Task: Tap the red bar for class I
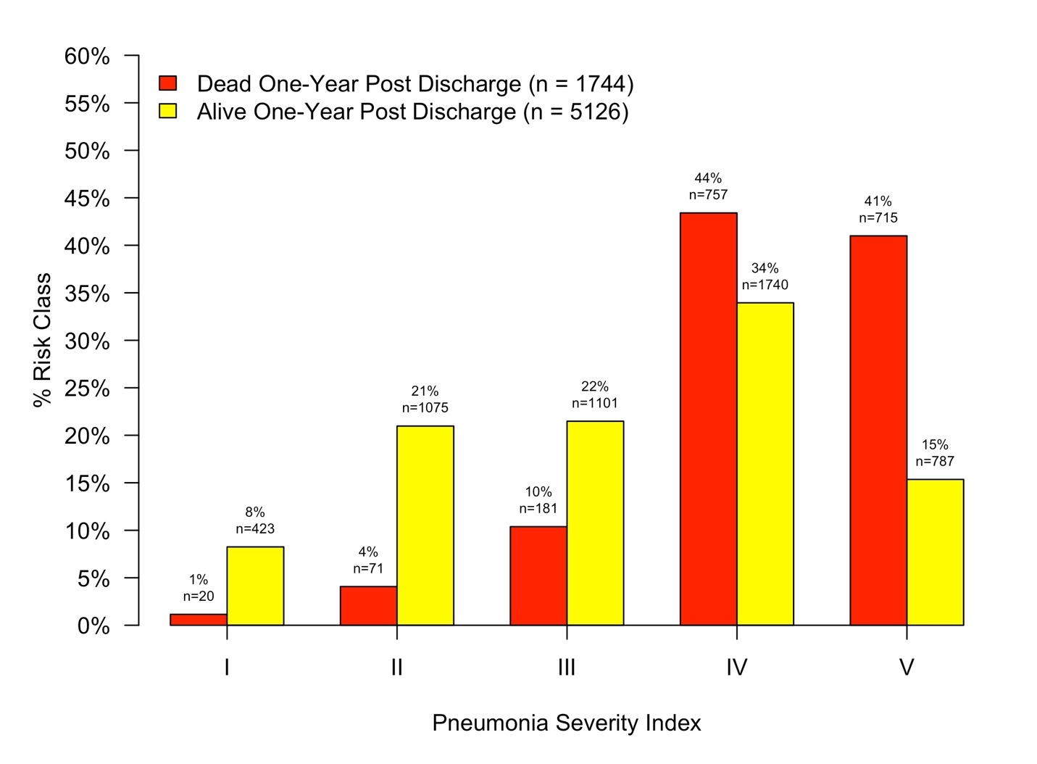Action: (x=198, y=620)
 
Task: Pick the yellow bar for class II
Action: (x=425, y=526)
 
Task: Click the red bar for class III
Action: (x=538, y=576)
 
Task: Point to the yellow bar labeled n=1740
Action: (x=765, y=464)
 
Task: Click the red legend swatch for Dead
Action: (x=167, y=83)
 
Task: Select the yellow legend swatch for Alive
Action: (x=167, y=111)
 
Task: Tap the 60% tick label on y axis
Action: (x=87, y=56)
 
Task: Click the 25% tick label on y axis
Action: (x=87, y=389)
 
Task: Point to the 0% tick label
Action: (x=93, y=626)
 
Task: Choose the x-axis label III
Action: (x=566, y=667)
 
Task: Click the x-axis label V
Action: (x=906, y=667)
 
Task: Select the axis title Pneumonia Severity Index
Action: (x=566, y=723)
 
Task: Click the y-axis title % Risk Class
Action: (x=42, y=340)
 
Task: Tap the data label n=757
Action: (x=707, y=194)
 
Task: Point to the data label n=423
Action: (x=254, y=528)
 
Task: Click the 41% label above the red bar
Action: (x=878, y=201)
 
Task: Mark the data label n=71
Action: (x=367, y=568)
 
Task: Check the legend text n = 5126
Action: (x=575, y=112)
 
